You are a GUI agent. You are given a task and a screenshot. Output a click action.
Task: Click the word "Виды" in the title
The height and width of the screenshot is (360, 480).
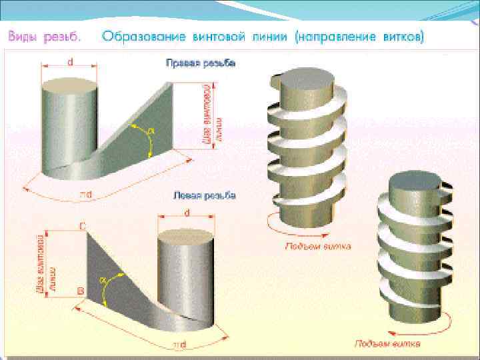(x=22, y=37)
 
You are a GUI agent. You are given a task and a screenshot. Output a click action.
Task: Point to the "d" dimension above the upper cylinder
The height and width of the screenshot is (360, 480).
(x=70, y=62)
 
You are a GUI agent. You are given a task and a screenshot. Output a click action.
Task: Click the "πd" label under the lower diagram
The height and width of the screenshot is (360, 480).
(x=179, y=345)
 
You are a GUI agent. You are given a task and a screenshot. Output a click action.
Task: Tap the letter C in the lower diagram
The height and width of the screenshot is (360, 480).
(x=82, y=226)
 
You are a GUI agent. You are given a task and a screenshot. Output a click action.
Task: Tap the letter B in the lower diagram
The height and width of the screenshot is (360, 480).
(x=80, y=291)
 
